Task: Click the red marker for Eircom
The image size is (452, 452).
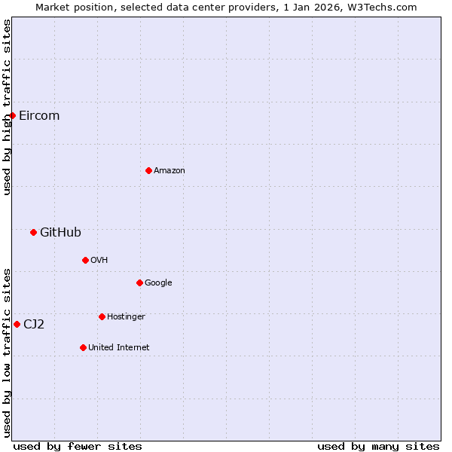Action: click(x=12, y=115)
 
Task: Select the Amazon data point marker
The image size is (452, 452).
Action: click(x=148, y=170)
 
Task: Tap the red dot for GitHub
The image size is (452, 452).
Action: click(x=33, y=232)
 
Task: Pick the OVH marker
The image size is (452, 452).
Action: click(x=85, y=260)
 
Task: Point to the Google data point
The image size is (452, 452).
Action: click(x=139, y=282)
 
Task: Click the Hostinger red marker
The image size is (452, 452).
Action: click(x=102, y=316)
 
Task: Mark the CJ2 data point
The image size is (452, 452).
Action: click(x=17, y=324)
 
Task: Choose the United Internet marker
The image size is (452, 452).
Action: click(x=83, y=347)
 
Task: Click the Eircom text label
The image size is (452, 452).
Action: click(x=39, y=115)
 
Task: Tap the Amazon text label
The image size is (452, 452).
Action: click(x=169, y=170)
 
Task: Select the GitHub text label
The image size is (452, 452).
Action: click(x=60, y=232)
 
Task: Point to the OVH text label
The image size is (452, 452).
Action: click(x=99, y=260)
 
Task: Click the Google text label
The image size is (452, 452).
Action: click(x=158, y=282)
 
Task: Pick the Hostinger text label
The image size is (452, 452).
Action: click(x=126, y=316)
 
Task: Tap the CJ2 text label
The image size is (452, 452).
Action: click(x=34, y=324)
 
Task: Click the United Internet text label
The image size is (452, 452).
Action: click(x=119, y=347)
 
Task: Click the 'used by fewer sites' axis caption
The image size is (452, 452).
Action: click(x=78, y=446)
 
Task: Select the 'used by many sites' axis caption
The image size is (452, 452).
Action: click(x=378, y=446)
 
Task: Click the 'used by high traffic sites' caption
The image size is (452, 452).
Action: click(x=7, y=107)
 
